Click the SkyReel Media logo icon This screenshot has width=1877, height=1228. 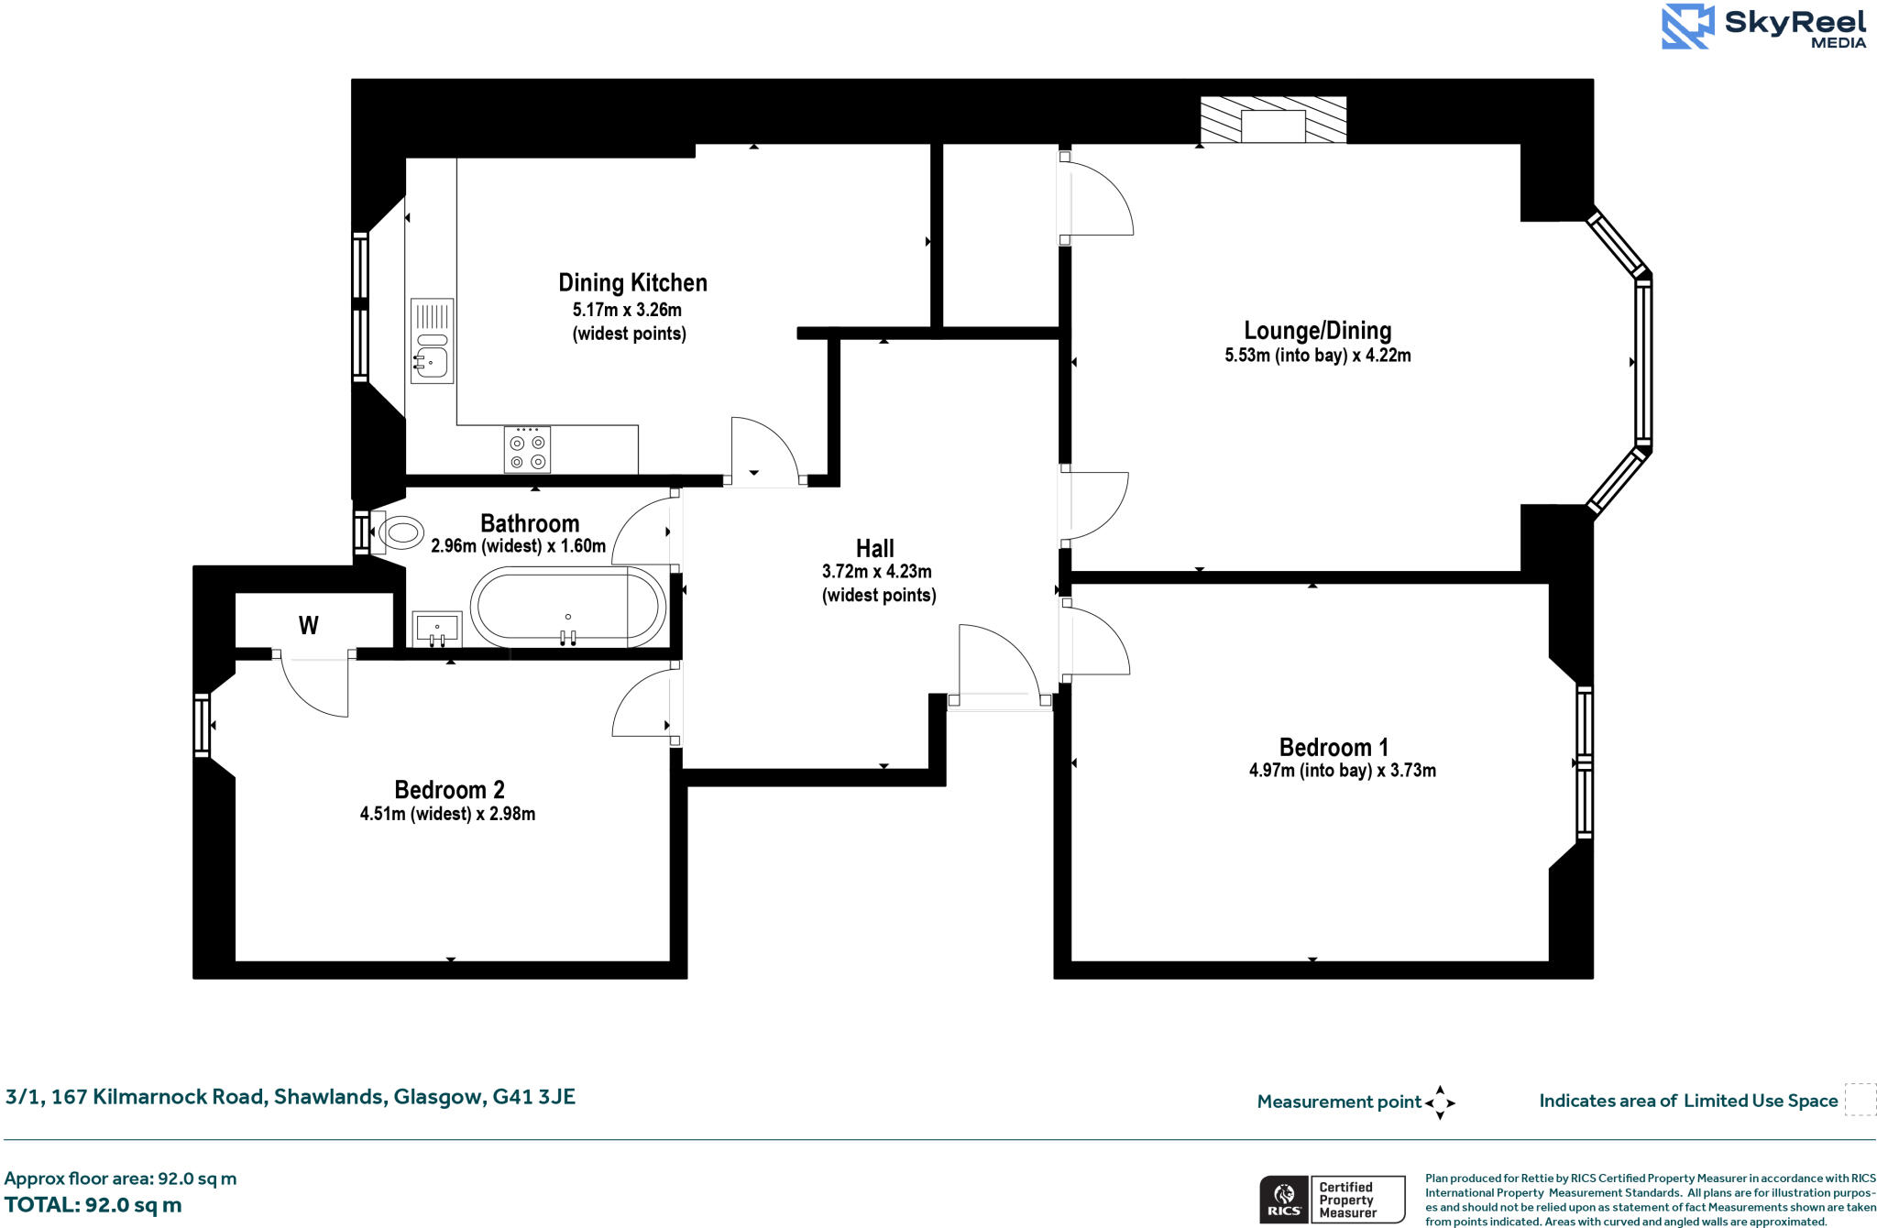click(x=1687, y=27)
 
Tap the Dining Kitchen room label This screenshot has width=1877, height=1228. click(x=632, y=282)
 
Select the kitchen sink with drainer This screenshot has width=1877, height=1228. click(x=432, y=340)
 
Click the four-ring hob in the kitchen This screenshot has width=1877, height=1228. click(x=527, y=450)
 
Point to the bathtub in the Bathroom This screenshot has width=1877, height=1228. click(x=568, y=607)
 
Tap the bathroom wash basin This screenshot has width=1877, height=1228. click(x=437, y=629)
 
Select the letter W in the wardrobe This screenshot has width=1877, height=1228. click(x=309, y=626)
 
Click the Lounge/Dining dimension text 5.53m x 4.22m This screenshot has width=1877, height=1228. click(x=1317, y=356)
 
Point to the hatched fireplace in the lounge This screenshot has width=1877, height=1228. click(x=1273, y=120)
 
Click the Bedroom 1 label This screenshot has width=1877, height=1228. click(x=1334, y=747)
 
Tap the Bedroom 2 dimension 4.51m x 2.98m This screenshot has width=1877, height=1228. click(x=447, y=814)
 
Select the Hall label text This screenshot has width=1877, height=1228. click(x=874, y=549)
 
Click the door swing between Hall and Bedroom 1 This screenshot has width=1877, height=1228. click(x=1095, y=641)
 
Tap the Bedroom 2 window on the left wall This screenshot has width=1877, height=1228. click(x=202, y=725)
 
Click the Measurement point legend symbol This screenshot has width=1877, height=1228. click(x=1440, y=1102)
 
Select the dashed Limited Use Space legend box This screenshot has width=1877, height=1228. click(x=1860, y=1100)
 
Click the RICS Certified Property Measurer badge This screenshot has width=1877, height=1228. click(x=1332, y=1199)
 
